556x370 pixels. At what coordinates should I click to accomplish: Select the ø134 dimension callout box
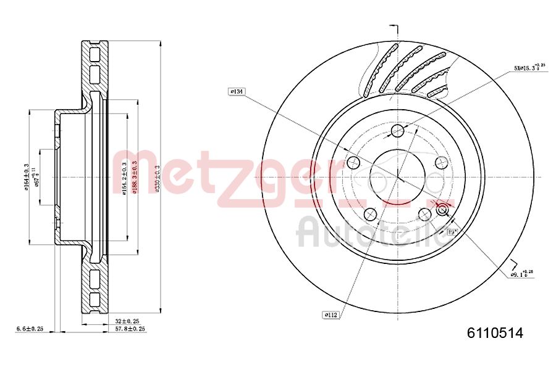point(237,92)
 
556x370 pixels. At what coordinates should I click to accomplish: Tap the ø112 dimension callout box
point(331,315)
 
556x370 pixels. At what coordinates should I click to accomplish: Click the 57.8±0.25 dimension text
point(130,329)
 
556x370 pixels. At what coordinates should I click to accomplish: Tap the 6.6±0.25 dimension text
point(29,329)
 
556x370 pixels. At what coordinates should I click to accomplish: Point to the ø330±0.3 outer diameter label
point(158,179)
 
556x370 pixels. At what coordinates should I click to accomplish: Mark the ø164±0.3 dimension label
point(27,177)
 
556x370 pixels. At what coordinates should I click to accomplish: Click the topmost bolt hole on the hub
point(397,131)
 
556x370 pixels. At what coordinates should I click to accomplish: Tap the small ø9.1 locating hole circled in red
point(442,211)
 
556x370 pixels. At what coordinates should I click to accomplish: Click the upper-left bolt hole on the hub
point(353,163)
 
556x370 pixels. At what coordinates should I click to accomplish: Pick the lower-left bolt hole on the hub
point(370,213)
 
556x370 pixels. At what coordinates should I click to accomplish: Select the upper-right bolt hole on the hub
point(441,162)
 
